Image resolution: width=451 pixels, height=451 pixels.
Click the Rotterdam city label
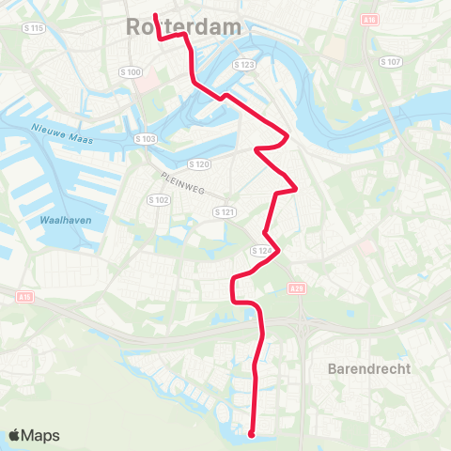[x=182, y=28]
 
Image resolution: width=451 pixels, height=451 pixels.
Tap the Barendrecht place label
[x=369, y=369]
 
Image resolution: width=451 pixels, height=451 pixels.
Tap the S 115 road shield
[x=34, y=28]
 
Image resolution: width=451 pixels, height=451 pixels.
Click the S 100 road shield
[x=130, y=71]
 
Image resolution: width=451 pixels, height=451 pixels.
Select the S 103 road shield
[x=144, y=138]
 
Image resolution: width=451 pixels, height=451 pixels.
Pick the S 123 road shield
[x=244, y=64]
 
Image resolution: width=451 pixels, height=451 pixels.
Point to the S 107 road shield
[x=391, y=61]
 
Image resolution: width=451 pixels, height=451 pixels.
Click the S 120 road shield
[x=197, y=163]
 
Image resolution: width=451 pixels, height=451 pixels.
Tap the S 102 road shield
[x=158, y=199]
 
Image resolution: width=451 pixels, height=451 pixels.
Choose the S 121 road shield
[x=224, y=212]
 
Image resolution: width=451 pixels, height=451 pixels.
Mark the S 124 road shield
[x=261, y=251]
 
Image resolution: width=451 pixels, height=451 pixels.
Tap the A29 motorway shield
[x=298, y=288]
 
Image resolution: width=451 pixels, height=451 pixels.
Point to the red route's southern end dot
[x=251, y=434]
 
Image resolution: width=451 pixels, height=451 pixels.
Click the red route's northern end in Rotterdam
[x=155, y=15]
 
